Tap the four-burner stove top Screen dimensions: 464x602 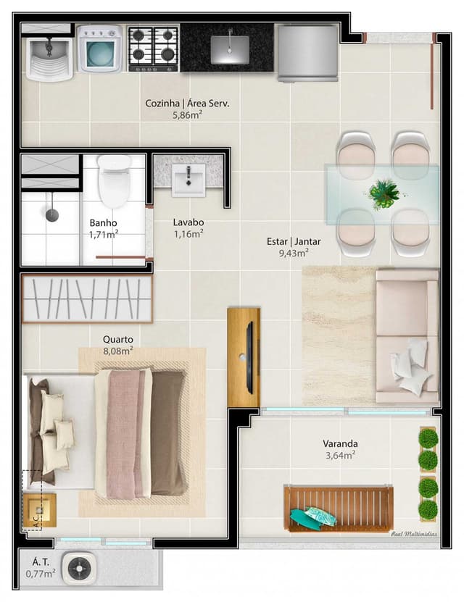153,49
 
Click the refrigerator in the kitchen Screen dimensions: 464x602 307,53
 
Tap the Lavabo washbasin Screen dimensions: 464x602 188,179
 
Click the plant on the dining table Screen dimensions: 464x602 384,194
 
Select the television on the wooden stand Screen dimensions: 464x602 249,358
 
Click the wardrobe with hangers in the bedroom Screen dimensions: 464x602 87,298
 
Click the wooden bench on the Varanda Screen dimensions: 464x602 339,509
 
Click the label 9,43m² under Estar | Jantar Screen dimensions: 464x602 294,253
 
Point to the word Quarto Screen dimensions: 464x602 118,339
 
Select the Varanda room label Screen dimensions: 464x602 340,443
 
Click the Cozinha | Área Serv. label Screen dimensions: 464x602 187,104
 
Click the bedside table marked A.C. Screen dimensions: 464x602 40,510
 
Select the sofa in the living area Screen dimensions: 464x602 407,336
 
